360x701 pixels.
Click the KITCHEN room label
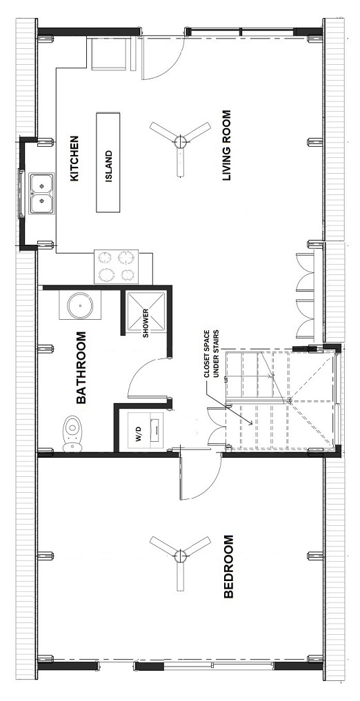coord(74,159)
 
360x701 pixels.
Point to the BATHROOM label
coord(81,367)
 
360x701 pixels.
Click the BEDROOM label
coord(228,566)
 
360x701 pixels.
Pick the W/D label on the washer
coord(139,432)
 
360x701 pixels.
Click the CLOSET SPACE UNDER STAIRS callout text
coord(212,374)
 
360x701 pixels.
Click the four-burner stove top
coord(116,267)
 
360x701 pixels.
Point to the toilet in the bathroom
coord(72,434)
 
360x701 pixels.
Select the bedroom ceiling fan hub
coord(180,556)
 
